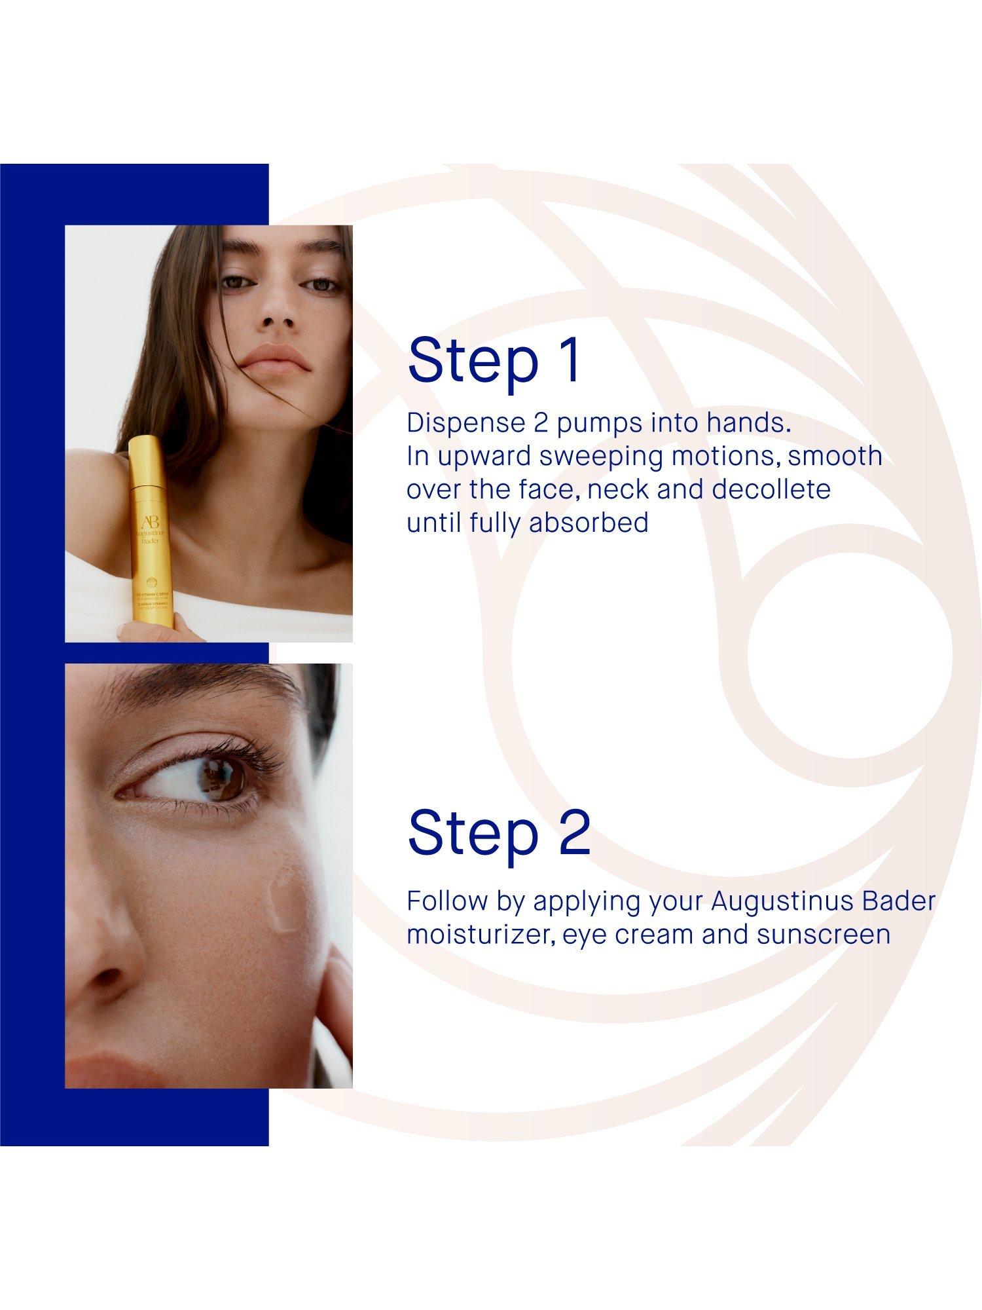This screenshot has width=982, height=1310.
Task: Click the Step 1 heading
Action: pyautogui.click(x=494, y=360)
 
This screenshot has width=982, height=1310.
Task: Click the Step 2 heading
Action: pyautogui.click(x=499, y=833)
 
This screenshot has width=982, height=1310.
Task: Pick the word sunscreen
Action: pyautogui.click(x=824, y=934)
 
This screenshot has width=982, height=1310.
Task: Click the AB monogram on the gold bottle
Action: pyautogui.click(x=149, y=523)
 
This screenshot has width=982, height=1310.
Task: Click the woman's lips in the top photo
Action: pyautogui.click(x=274, y=359)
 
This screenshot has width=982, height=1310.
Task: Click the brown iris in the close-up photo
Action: pyautogui.click(x=227, y=781)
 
